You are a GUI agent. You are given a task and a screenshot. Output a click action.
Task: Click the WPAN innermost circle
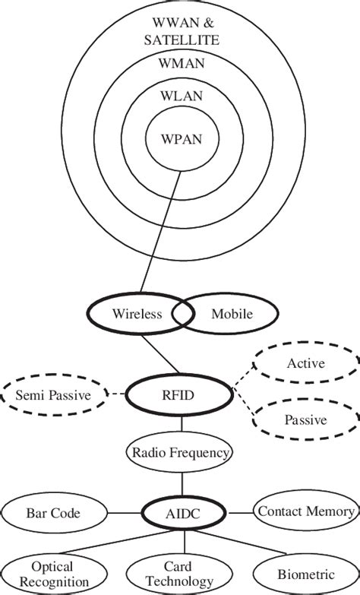180,138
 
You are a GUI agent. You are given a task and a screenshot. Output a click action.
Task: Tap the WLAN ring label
180,97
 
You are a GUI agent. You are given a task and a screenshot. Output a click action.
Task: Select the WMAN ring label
180,64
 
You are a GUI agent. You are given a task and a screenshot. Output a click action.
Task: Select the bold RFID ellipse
179,394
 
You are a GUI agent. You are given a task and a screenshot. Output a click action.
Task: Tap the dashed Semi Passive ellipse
53,395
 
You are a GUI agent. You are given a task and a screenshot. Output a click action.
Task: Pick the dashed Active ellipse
305,364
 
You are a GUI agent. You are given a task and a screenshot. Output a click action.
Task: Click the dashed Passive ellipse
305,419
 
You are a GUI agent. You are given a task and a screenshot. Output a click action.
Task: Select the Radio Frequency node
181,454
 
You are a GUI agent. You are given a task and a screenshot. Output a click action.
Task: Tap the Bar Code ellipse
53,513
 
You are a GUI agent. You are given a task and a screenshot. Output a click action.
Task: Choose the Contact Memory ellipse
305,512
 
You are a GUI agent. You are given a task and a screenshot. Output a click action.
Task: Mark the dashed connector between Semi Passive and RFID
115,394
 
